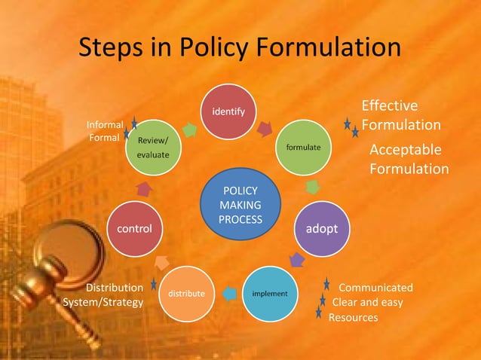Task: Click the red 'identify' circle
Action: pyautogui.click(x=228, y=113)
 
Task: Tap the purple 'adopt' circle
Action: pyautogui.click(x=321, y=227)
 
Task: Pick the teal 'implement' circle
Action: pyautogui.click(x=269, y=292)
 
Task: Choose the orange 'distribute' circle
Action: pyautogui.click(x=186, y=293)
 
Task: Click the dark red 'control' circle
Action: pyautogui.click(x=134, y=227)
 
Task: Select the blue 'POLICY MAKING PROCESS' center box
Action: pyautogui.click(x=240, y=205)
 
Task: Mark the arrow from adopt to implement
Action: pyautogui.click(x=297, y=261)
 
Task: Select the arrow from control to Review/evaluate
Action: pyautogui.click(x=143, y=188)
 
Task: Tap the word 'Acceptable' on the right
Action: pyautogui.click(x=402, y=151)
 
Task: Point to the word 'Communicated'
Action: pyautogui.click(x=375, y=288)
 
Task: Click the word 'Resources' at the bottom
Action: pyautogui.click(x=353, y=317)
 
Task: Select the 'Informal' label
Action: pyautogui.click(x=106, y=124)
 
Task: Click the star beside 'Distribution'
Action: pyautogui.click(x=154, y=285)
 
